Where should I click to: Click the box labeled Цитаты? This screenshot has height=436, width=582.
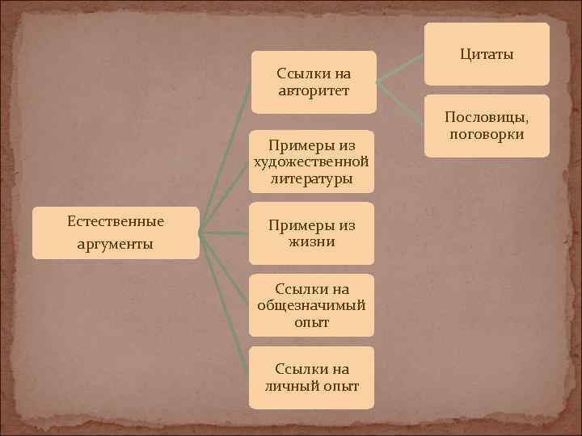coord(487,54)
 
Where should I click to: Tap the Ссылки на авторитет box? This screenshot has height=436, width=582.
coord(314,82)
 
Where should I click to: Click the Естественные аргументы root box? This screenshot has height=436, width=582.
coord(116,233)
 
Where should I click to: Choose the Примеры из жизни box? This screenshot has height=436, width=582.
coord(312,233)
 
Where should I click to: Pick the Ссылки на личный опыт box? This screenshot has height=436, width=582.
coord(312,377)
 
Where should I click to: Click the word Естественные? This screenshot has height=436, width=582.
coord(116,220)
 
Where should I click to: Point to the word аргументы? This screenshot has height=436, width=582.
coord(116,244)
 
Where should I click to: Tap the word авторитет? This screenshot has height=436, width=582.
coord(314,90)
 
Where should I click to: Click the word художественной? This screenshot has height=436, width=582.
coord(312,161)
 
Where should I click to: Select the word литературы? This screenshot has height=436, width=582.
coord(312,178)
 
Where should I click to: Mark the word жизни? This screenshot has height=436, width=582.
coord(312,241)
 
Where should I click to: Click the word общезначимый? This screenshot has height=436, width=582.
coord(312,305)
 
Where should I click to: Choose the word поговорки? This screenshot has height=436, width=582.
coord(487,134)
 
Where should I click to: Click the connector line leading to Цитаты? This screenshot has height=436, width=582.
coord(402,67)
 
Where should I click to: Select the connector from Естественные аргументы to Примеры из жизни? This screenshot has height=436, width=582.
coord(224,234)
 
